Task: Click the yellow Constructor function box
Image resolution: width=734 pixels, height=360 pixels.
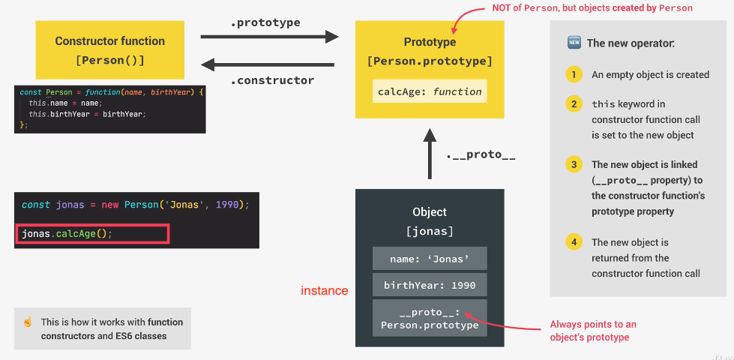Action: pos(109,49)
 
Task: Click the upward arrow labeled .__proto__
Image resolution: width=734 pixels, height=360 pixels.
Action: pos(430,154)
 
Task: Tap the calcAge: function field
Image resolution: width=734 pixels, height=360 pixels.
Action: pos(430,91)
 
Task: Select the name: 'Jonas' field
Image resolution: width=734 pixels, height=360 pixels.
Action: pos(430,259)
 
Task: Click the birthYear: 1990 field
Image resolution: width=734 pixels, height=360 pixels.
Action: pos(430,285)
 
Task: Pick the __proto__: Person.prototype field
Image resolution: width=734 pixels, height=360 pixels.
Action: pos(430,319)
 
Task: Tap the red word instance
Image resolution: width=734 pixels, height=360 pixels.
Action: pos(325,290)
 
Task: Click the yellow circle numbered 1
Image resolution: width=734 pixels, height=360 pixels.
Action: pos(574,74)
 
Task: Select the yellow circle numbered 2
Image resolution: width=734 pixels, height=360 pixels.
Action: pos(574,103)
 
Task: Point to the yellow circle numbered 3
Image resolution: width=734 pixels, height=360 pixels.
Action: pos(574,164)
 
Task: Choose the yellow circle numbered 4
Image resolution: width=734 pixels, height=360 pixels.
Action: pos(574,242)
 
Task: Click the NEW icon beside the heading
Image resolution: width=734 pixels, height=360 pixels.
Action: pos(574,43)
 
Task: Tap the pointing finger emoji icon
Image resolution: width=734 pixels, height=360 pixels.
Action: pos(28,322)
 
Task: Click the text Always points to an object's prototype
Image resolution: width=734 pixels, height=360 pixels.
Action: pos(593,330)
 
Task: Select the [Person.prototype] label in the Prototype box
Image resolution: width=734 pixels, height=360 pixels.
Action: pos(430,61)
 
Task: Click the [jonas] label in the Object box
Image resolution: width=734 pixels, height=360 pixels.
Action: pos(430,231)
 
